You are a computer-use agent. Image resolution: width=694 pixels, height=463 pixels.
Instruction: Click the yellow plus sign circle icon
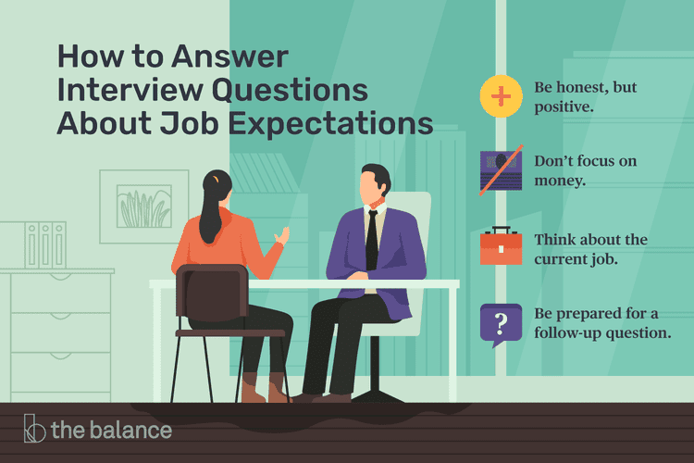(501, 96)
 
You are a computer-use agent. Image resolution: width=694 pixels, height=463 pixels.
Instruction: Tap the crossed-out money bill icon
(501, 170)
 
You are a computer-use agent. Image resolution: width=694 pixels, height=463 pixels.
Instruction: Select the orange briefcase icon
(501, 245)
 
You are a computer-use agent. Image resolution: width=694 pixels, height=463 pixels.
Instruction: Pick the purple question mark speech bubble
(501, 325)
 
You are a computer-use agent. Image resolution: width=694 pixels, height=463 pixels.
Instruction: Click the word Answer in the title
(229, 57)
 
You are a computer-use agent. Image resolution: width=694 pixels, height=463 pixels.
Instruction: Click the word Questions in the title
(290, 91)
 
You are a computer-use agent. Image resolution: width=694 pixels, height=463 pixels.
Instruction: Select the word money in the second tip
(560, 181)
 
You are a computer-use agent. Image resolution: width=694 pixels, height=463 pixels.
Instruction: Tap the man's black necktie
(372, 240)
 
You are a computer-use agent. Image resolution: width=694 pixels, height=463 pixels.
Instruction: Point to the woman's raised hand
(282, 235)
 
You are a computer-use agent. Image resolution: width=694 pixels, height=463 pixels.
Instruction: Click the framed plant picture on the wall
(143, 206)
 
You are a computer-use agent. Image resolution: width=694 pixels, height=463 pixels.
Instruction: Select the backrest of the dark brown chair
(212, 292)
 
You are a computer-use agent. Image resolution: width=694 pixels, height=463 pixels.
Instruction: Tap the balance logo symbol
(34, 429)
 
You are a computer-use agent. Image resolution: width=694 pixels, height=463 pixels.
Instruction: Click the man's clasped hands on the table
(356, 276)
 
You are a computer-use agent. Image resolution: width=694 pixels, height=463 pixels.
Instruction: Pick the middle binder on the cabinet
(45, 245)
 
